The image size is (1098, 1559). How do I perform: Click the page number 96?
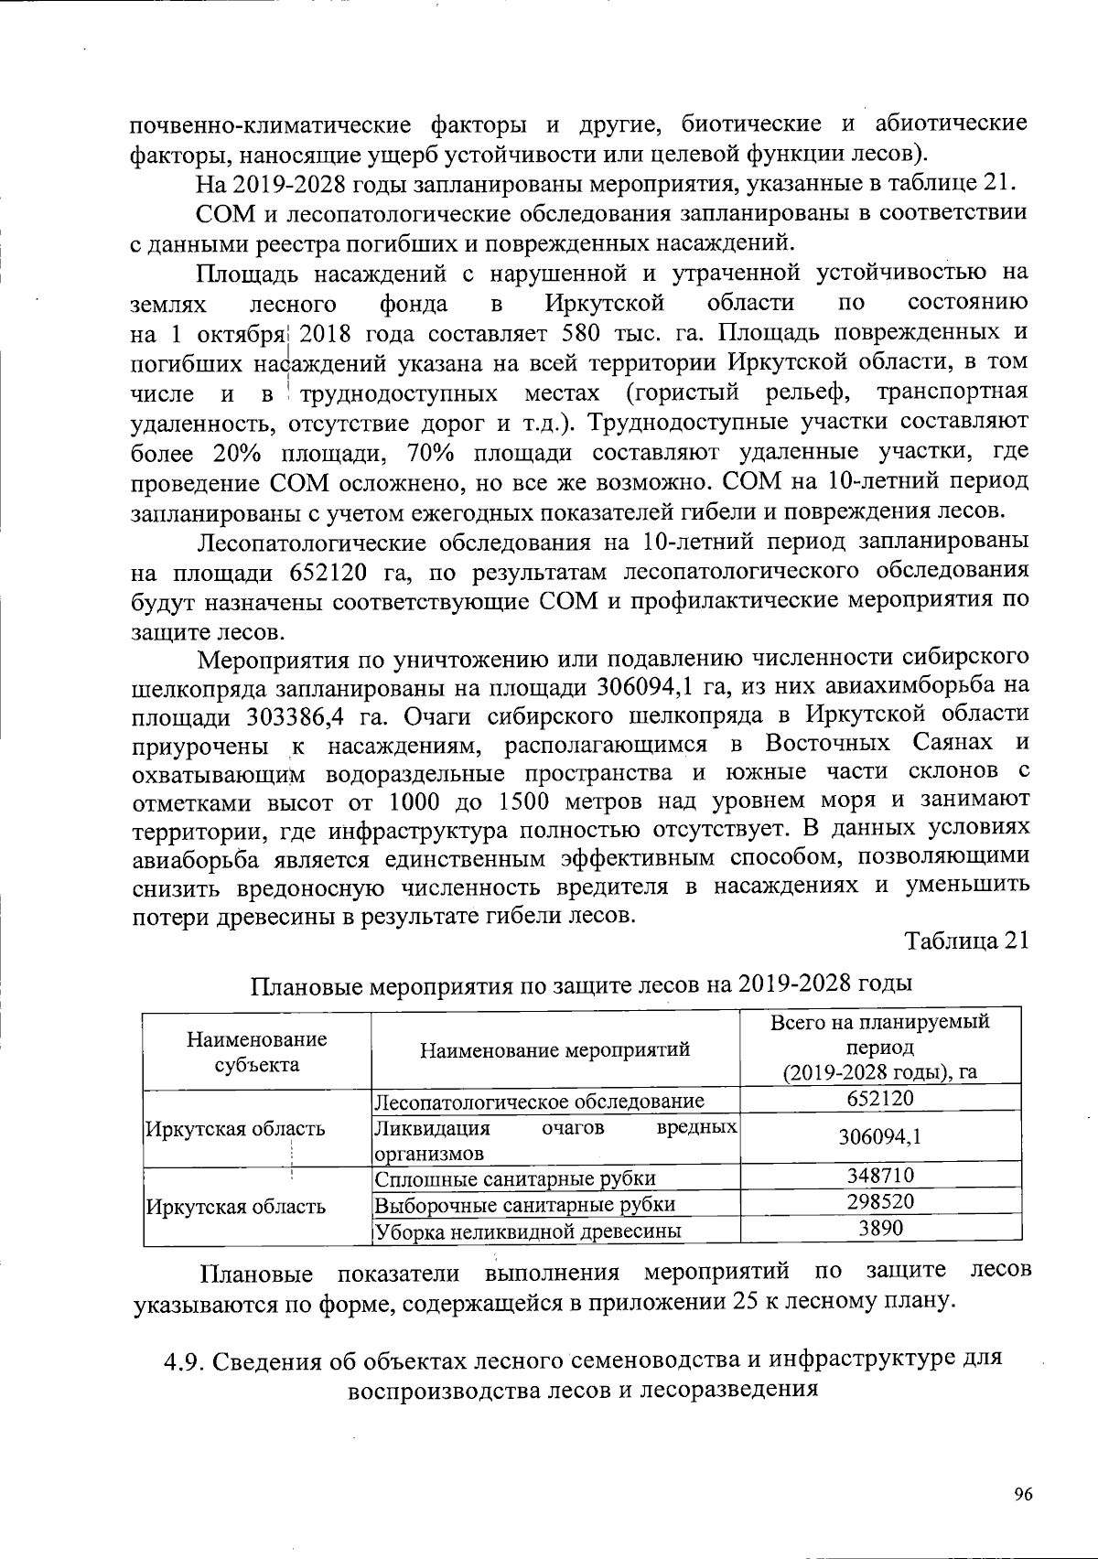(x=1023, y=1495)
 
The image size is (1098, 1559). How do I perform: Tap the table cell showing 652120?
(x=879, y=1099)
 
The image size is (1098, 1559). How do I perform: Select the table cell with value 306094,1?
(x=879, y=1136)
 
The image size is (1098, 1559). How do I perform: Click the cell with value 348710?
(x=879, y=1176)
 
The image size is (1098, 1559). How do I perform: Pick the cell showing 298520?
(x=879, y=1201)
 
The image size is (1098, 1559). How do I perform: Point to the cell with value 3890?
(x=879, y=1228)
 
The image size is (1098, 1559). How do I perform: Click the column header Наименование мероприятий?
(x=554, y=1049)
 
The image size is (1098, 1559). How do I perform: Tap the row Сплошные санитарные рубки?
(x=516, y=1178)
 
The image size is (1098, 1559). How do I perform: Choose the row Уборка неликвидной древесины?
(x=529, y=1231)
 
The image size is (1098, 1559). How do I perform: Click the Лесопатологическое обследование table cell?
(x=541, y=1101)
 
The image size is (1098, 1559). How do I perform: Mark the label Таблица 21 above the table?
(x=967, y=941)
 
